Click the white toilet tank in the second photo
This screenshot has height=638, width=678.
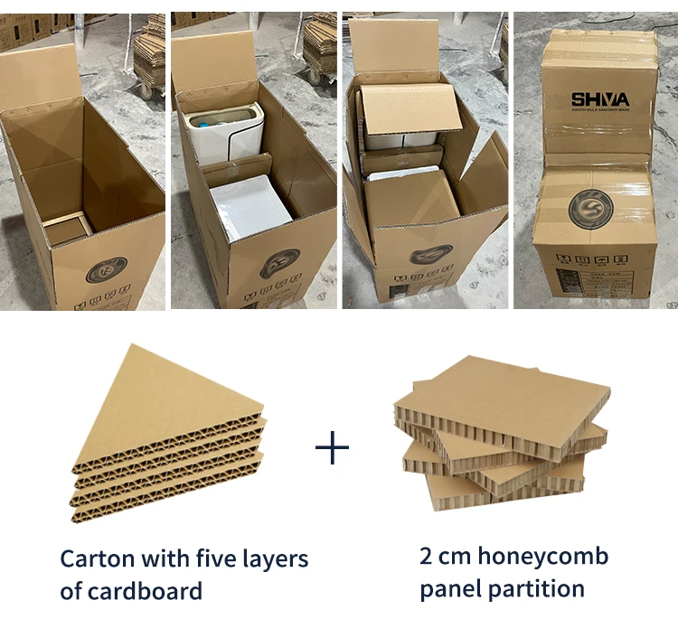tap(224, 131)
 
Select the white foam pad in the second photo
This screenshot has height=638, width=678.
tap(250, 210)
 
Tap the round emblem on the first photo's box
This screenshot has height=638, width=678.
tap(107, 269)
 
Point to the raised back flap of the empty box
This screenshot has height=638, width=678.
tap(41, 77)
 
